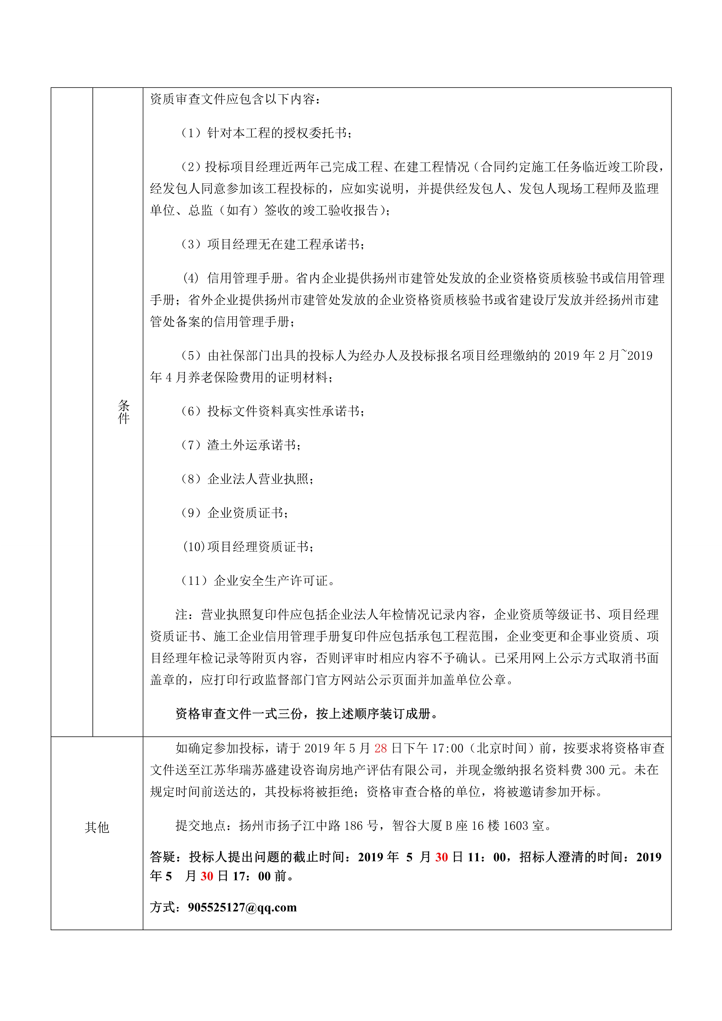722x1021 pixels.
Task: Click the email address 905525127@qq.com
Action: point(242,907)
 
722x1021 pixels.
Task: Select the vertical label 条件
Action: point(124,412)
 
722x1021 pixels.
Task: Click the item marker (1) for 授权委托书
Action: point(191,133)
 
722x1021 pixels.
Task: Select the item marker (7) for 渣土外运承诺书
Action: point(191,445)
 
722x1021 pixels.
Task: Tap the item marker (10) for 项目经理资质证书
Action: point(193,546)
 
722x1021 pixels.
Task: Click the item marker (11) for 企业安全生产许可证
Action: point(194,581)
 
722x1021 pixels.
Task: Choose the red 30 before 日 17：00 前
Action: point(207,876)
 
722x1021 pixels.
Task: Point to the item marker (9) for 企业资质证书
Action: point(191,513)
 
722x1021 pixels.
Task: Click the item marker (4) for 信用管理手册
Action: point(191,278)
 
